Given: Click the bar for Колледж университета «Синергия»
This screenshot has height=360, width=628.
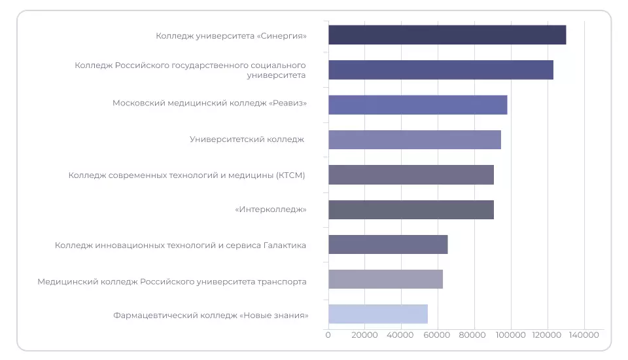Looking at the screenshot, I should pyautogui.click(x=447, y=35).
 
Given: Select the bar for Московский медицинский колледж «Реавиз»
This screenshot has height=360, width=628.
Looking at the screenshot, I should pyautogui.click(x=417, y=105).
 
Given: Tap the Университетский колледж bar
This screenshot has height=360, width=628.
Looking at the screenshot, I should pyautogui.click(x=414, y=139).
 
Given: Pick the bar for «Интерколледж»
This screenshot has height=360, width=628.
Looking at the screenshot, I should pyautogui.click(x=411, y=209).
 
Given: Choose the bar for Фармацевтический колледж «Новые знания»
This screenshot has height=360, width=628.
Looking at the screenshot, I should pyautogui.click(x=377, y=314).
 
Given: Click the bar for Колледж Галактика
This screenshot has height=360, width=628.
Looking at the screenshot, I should pyautogui.click(x=388, y=244).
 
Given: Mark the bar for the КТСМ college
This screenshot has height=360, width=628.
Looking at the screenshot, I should pyautogui.click(x=411, y=175).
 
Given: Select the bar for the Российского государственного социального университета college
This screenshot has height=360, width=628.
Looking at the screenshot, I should pyautogui.click(x=440, y=70).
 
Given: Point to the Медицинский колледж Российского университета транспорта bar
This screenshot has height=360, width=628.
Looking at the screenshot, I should pyautogui.click(x=385, y=279).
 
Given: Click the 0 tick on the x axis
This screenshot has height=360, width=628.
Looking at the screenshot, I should pyautogui.click(x=328, y=335).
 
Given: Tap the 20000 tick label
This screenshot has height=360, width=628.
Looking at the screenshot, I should pyautogui.click(x=364, y=335).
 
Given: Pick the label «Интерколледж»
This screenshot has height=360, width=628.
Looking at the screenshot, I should pyautogui.click(x=270, y=209).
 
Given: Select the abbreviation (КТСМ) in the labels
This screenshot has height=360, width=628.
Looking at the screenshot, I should pyautogui.click(x=290, y=175).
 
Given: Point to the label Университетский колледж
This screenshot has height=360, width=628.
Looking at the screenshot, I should pyautogui.click(x=247, y=139).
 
